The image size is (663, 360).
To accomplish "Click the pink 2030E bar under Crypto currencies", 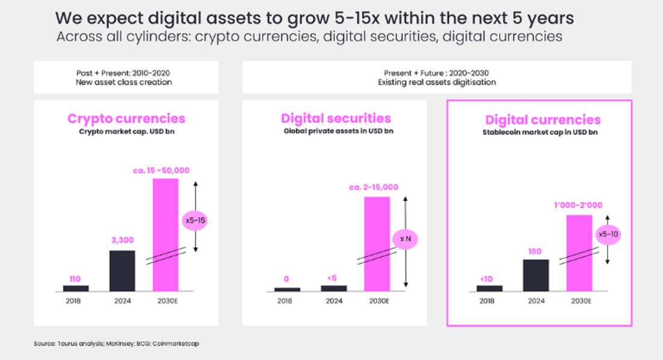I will pos(165,235).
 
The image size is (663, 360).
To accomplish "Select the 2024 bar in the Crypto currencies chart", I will pos(122,271).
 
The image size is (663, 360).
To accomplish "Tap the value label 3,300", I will pos(122,240).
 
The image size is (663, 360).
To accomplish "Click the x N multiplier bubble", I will pos(406,240).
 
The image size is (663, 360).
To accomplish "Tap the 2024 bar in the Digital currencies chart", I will pos(535,276).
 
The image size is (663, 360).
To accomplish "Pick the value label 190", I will pos(535,250).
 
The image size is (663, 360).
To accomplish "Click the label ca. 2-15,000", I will pos(373,187).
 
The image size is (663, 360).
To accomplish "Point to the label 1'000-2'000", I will pos(579,205).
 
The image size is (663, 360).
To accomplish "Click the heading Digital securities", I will pos(336,119).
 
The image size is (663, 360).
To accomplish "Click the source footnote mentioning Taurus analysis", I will pos(116,344).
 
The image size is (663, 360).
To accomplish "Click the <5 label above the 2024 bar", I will pos(333,278).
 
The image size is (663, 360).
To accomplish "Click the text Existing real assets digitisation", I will pos(437,82).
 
